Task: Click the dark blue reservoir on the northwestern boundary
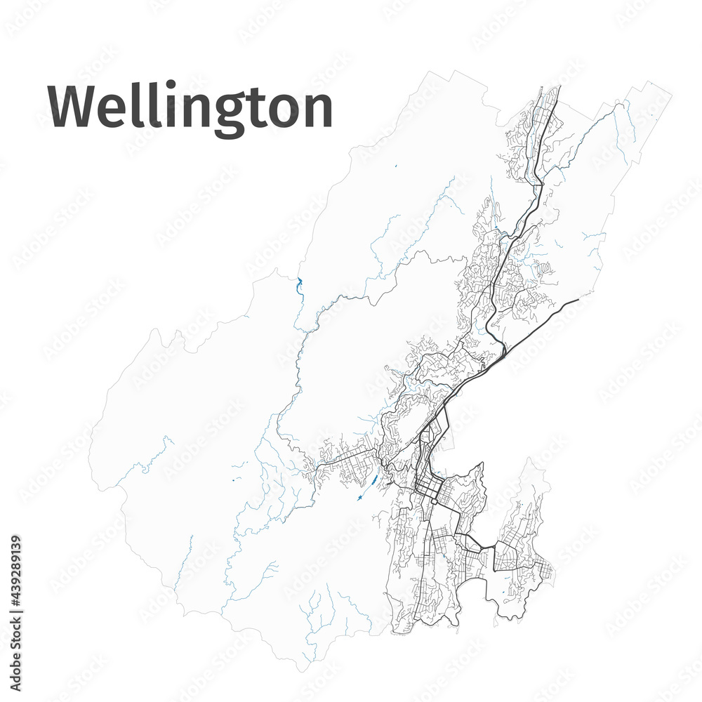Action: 299,285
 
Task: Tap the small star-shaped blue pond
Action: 359,498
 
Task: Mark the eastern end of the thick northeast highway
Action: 578,300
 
